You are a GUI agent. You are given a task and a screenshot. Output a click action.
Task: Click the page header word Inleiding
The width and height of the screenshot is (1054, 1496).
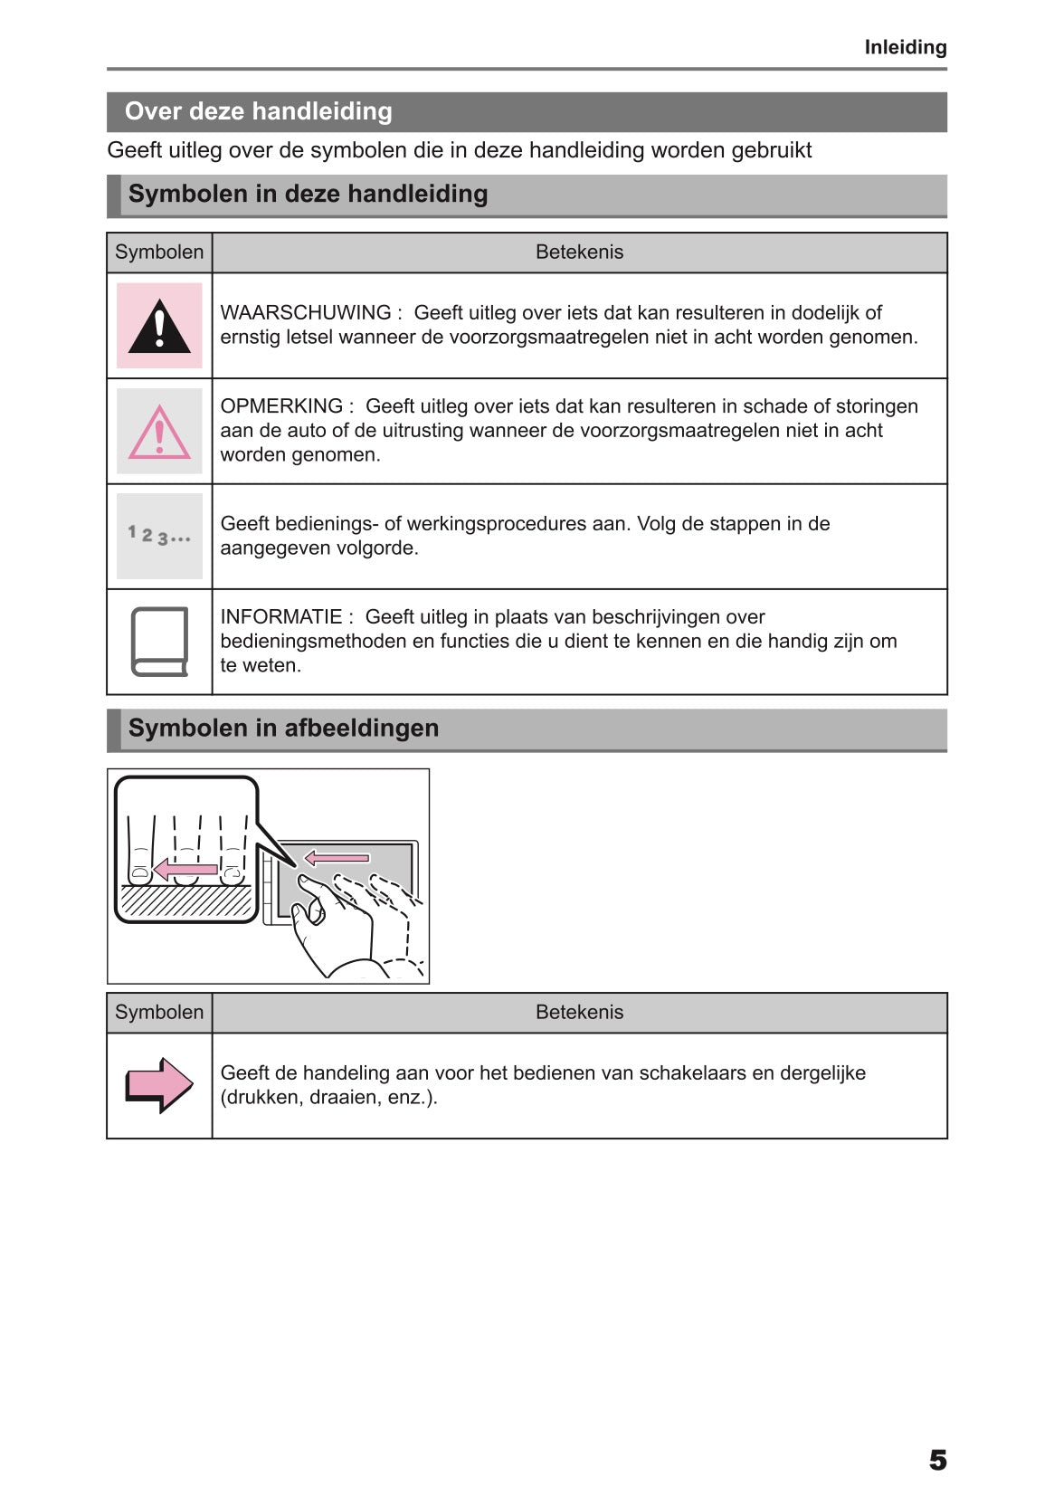coord(905,47)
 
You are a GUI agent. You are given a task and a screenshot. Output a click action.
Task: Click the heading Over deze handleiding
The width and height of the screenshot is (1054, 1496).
coord(258,111)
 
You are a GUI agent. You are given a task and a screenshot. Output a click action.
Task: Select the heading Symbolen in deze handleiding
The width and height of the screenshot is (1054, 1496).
coord(308,194)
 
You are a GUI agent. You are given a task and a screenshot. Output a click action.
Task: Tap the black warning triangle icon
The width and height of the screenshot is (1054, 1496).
coord(159,326)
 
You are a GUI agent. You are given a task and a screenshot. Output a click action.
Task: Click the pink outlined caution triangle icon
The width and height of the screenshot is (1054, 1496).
coord(159,432)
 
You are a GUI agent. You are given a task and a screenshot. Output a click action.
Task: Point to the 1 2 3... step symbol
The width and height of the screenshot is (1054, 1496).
coord(159,536)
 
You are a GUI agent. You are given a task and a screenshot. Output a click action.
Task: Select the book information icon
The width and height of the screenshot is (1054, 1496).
coord(159,642)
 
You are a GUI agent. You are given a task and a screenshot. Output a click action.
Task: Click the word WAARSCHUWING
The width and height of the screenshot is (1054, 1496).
coord(306,312)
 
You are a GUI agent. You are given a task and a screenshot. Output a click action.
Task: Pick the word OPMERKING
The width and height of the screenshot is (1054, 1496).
coord(281,406)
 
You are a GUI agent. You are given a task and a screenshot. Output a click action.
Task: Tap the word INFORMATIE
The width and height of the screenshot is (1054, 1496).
coord(281,617)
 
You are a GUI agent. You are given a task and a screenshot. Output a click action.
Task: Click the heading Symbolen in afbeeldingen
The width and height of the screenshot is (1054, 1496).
coord(283,728)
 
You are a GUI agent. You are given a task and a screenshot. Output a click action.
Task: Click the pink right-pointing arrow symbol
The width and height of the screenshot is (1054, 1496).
coord(159,1084)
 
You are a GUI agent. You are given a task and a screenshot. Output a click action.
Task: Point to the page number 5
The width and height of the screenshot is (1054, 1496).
coord(937,1460)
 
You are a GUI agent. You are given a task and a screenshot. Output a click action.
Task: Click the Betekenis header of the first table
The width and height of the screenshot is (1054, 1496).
coord(579,253)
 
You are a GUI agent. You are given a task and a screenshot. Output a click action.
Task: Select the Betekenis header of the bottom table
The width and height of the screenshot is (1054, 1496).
coord(579,1013)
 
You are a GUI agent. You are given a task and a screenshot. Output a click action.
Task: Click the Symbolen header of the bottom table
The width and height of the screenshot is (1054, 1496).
coord(159,1013)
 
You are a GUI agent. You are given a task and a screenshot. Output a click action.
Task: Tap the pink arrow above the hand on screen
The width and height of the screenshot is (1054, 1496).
coord(337,857)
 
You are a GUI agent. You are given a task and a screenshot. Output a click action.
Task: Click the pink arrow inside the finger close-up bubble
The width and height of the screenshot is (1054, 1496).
coord(185,870)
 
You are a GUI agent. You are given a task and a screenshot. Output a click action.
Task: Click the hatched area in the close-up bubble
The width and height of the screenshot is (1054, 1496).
coord(186,901)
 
